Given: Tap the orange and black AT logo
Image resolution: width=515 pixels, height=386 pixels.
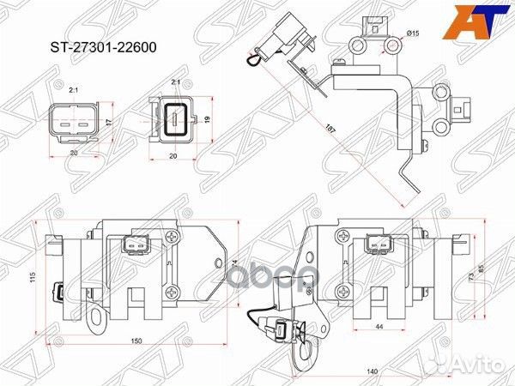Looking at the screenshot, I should (480, 23).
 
